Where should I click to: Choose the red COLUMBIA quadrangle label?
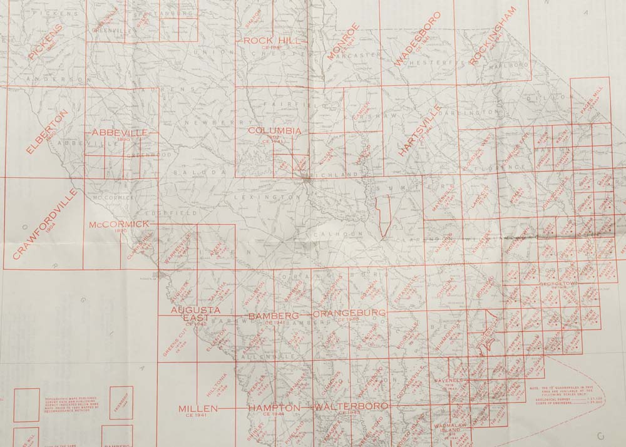[274, 131]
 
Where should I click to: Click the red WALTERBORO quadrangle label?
[346, 408]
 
